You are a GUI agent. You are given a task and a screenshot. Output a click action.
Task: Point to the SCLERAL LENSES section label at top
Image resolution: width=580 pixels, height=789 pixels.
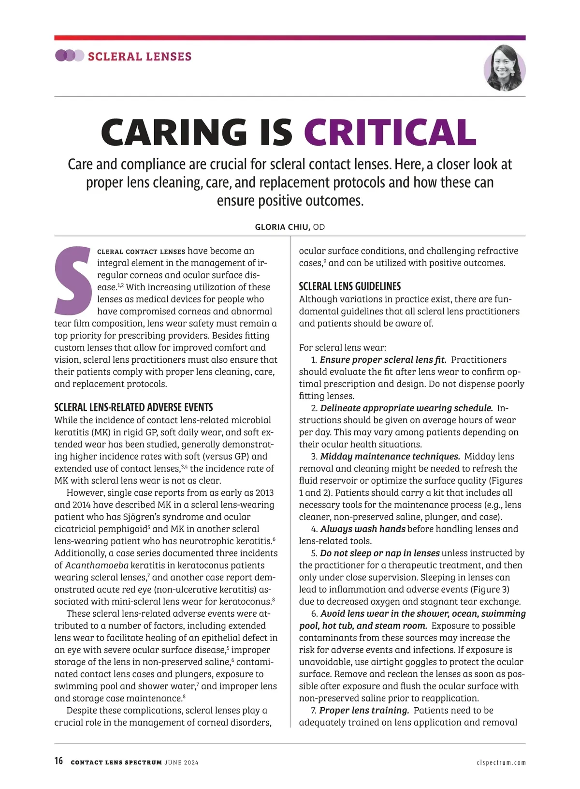(140, 57)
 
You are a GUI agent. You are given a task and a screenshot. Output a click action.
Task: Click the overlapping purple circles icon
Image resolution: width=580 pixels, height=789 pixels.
(70, 56)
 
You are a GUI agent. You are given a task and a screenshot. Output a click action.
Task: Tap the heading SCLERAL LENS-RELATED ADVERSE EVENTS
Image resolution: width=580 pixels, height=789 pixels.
(133, 407)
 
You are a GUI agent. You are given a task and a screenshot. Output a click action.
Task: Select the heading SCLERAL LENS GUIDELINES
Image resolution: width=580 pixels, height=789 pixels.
(350, 286)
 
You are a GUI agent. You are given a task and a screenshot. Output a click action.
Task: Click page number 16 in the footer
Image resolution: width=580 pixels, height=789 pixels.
(58, 761)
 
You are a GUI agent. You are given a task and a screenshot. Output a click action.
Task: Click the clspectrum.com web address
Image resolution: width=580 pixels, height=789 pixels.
(501, 763)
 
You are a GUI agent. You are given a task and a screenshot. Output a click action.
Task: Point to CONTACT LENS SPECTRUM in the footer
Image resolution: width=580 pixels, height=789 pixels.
(116, 763)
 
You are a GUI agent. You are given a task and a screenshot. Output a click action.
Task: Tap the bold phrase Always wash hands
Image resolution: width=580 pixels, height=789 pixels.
(363, 529)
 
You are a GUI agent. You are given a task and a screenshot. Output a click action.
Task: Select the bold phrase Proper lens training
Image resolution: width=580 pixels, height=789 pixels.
(364, 711)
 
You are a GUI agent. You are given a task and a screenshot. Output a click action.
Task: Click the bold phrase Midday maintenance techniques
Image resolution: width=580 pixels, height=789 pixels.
(390, 457)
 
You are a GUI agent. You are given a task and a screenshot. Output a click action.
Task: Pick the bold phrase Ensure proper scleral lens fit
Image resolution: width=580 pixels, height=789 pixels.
(383, 360)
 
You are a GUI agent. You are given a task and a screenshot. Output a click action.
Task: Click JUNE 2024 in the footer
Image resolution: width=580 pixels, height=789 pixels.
(181, 763)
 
